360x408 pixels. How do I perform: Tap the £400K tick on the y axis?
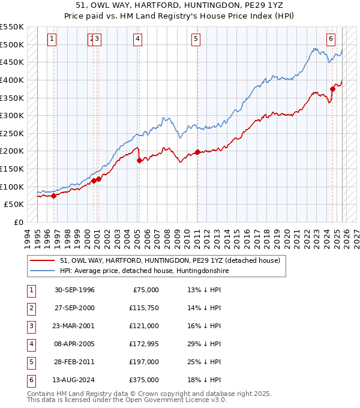pos(12,80)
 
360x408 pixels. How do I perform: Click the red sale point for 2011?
pos(197,152)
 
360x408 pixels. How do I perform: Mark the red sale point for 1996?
pos(54,195)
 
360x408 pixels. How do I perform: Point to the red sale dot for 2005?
pos(139,160)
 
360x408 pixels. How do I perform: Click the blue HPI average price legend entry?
pos(144,271)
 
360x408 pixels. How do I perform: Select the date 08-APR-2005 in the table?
pos(74,344)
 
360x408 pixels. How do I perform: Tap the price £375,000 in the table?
pos(144,380)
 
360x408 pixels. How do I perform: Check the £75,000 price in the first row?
pos(146,290)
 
